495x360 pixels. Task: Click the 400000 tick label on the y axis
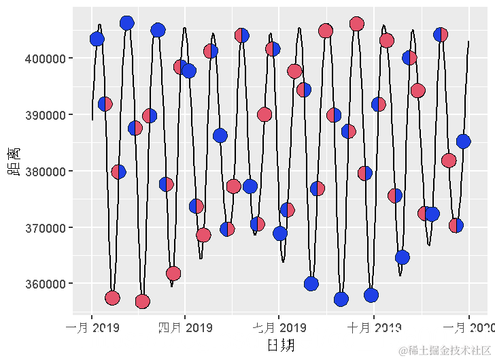(46, 59)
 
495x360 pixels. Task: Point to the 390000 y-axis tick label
(46, 115)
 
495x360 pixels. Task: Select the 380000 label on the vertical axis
(46, 171)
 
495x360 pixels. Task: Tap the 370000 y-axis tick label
(46, 227)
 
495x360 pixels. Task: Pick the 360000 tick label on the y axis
(46, 284)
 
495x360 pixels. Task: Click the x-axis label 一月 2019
(92, 329)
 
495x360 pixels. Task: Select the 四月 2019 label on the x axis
(185, 329)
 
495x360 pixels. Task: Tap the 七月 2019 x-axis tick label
(279, 329)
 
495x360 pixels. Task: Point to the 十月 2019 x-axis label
(373, 329)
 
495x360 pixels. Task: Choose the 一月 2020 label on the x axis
(469, 329)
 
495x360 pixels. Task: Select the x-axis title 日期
(280, 345)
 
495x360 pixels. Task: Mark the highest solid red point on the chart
(357, 24)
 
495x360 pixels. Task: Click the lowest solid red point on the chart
(142, 301)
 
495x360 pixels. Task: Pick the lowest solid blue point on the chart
(341, 299)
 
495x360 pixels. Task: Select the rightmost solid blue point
(464, 142)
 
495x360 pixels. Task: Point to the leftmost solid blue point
(97, 39)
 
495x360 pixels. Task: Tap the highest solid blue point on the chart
(126, 23)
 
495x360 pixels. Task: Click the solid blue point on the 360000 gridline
(311, 284)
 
